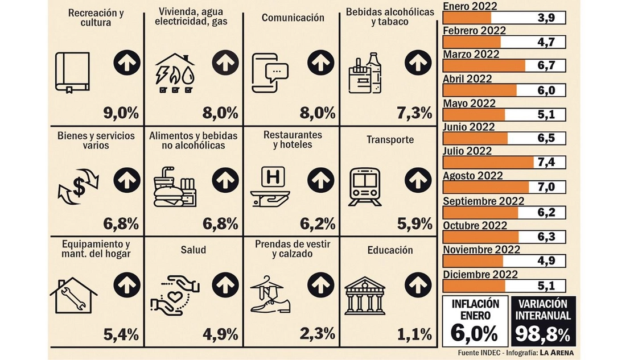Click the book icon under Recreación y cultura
click(72, 72)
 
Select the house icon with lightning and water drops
click(175, 73)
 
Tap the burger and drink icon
click(175, 186)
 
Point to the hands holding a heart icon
click(175, 295)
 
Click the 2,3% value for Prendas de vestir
click(318, 333)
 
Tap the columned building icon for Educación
click(365, 295)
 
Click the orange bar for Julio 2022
click(489, 163)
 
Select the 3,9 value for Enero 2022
click(547, 18)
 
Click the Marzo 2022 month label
click(471, 55)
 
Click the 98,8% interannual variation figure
click(543, 334)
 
